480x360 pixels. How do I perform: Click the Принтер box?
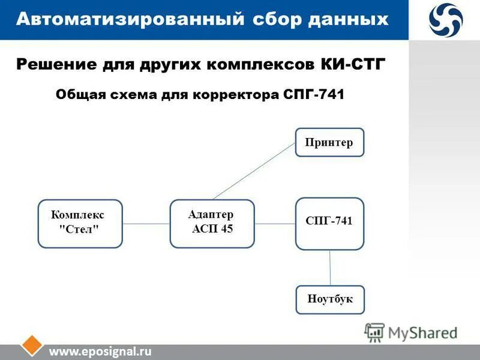329,142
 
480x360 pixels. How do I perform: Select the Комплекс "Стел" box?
80,223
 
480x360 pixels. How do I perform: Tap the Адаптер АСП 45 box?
212,223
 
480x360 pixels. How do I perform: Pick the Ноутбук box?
329,299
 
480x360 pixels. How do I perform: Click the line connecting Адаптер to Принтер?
254,170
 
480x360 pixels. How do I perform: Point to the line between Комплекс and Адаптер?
146,224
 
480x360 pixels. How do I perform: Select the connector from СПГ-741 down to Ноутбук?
330,268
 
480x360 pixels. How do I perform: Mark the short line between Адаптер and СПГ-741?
275,224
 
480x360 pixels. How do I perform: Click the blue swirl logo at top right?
445,19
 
